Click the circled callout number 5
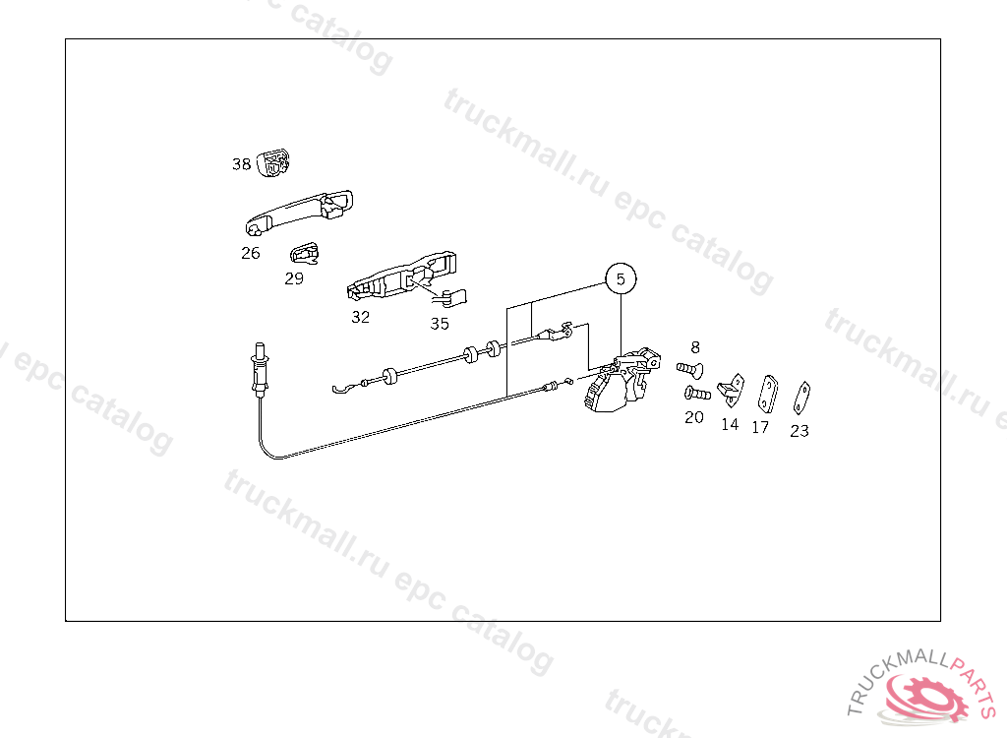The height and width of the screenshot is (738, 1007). (x=621, y=279)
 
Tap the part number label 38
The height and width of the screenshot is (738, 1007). (x=242, y=164)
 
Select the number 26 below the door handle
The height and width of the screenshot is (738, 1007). (x=251, y=253)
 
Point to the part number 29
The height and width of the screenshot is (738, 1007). (x=294, y=278)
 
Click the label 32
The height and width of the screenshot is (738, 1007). (x=360, y=317)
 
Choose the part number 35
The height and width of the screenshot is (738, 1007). (x=440, y=324)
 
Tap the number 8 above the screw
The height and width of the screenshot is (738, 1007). (x=695, y=347)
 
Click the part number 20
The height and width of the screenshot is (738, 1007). (x=694, y=418)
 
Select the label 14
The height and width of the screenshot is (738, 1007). (x=730, y=425)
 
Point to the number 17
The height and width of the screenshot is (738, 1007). (x=760, y=427)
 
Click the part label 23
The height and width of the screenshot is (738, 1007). (x=800, y=431)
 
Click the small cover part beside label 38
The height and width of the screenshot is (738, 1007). (x=273, y=163)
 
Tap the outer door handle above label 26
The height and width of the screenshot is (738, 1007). (x=299, y=212)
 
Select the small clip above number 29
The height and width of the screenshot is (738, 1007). (x=305, y=253)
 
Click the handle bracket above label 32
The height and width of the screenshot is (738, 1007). (x=401, y=277)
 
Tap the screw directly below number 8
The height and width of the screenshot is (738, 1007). (x=689, y=370)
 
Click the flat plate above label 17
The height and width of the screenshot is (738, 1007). (x=767, y=394)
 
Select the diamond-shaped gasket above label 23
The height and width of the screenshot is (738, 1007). (x=801, y=398)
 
